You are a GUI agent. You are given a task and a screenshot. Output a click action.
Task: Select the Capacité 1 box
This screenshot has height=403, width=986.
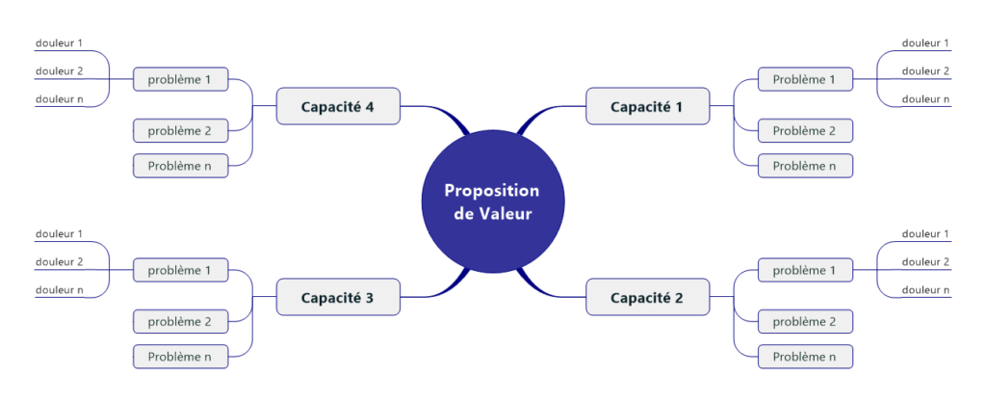[647, 106]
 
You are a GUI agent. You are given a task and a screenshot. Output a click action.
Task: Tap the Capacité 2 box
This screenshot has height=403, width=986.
[647, 297]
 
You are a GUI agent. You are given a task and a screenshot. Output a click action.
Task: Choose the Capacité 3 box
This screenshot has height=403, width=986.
[338, 297]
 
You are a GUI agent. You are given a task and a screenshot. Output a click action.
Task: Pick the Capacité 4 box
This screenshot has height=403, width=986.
[338, 106]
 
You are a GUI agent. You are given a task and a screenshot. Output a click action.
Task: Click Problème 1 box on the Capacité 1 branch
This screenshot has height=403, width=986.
[804, 79]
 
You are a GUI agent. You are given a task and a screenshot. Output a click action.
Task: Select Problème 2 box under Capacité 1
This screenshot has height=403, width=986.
[804, 130]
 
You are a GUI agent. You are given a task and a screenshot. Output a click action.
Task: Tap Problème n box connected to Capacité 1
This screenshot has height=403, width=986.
[804, 166]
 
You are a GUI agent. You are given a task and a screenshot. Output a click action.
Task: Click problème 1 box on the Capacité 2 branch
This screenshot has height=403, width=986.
[804, 270]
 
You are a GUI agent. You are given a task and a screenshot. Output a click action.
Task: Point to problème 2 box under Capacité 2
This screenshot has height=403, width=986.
[804, 321]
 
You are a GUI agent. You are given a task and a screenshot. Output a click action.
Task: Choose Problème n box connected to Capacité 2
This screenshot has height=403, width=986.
[804, 357]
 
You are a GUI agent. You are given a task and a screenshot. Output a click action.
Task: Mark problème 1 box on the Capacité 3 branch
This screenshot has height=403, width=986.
[180, 270]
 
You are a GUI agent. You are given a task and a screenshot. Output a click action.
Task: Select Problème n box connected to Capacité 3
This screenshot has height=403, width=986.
[180, 357]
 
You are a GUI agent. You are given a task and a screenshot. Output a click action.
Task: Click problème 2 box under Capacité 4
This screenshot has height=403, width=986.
[180, 130]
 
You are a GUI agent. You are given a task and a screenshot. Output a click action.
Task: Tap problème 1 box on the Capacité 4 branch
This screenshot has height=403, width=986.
[180, 79]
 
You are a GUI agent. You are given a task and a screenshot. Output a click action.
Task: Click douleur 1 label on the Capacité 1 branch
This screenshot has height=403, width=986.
[925, 42]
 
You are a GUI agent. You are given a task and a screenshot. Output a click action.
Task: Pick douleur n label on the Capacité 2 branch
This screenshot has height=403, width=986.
[925, 289]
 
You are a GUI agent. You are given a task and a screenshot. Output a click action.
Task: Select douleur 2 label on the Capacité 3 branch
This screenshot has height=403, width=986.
[60, 261]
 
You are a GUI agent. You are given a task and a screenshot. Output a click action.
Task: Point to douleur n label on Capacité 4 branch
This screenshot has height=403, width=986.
[60, 98]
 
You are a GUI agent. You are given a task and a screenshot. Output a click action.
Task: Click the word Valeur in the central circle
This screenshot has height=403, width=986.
[506, 213]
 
